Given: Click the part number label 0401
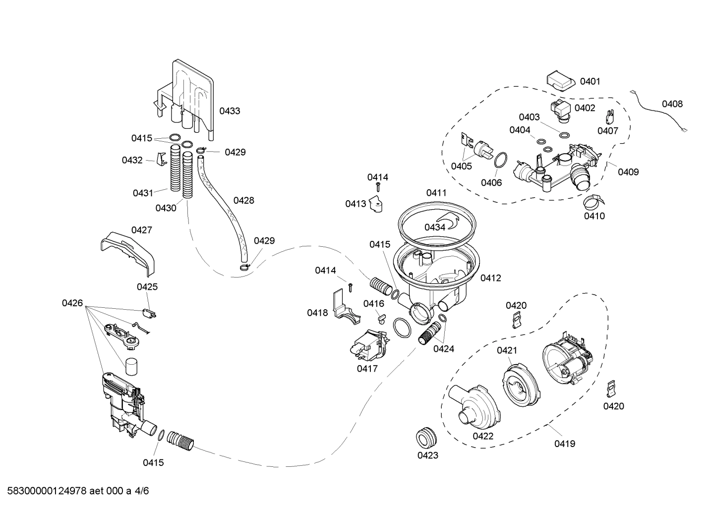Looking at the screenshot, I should tap(590, 81).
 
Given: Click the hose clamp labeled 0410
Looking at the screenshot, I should tap(593, 201).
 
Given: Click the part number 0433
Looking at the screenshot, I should tap(230, 111).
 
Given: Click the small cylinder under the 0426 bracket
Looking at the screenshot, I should tap(130, 367).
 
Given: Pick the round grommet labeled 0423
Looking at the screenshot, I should tap(426, 436).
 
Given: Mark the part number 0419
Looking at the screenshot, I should tap(564, 444).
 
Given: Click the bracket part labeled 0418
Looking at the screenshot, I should tap(345, 310).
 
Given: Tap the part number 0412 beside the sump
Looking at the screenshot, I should tap(490, 278).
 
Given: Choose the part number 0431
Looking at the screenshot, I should tap(143, 193).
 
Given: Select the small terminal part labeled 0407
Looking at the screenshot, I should tap(609, 117).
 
